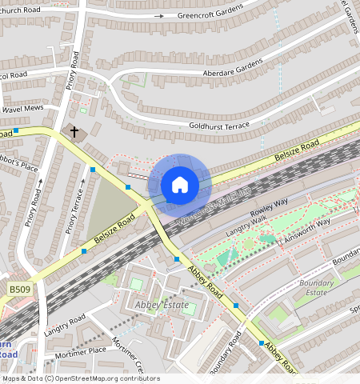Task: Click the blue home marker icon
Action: click(x=180, y=185)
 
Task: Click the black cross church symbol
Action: click(x=74, y=130)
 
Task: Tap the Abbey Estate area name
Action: click(x=162, y=305)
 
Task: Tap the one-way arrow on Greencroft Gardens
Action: click(x=158, y=16)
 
